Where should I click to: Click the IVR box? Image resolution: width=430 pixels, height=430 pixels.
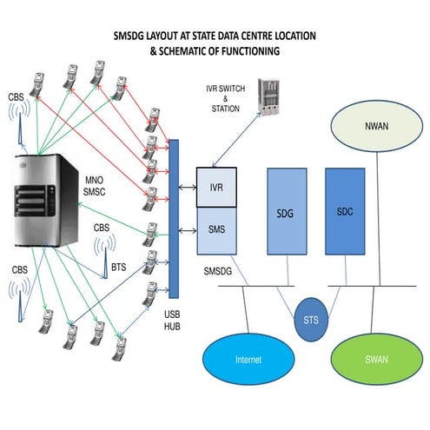(217, 189)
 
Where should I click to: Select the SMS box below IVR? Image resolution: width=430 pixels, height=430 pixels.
(217, 229)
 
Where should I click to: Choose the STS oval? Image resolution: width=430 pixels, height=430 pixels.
(311, 318)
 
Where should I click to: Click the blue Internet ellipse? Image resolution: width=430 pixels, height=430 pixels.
(248, 359)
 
